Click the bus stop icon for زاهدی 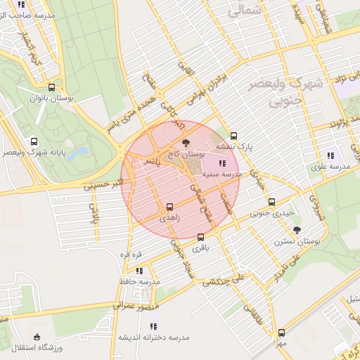(169, 207)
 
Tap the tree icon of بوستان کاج (186, 142)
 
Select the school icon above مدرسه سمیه (223, 163)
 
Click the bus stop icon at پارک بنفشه (233, 136)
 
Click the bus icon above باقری (201, 237)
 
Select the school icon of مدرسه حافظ (139, 270)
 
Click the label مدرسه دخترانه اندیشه (155, 337)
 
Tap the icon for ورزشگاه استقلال (37, 337)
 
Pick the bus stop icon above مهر (281, 332)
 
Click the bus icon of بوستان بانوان (51, 88)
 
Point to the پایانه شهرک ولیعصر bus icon (34, 141)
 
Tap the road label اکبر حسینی (102, 187)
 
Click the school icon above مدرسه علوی (330, 155)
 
